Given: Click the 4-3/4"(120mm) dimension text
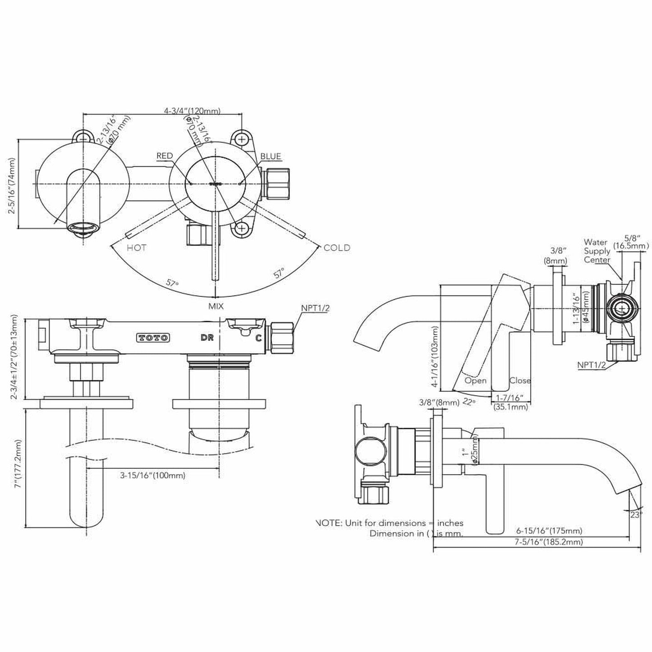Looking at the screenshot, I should (192, 111).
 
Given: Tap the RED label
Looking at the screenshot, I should (165, 156).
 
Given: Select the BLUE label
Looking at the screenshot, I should (271, 157).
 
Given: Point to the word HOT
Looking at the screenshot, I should (136, 248).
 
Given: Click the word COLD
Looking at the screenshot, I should (337, 248).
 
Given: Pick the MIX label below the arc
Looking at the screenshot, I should (215, 306).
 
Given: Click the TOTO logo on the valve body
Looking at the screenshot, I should (153, 338).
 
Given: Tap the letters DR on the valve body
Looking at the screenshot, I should (207, 338).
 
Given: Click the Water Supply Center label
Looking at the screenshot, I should (597, 251).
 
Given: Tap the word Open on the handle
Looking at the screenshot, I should (476, 380).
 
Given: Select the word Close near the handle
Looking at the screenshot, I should (520, 380).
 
